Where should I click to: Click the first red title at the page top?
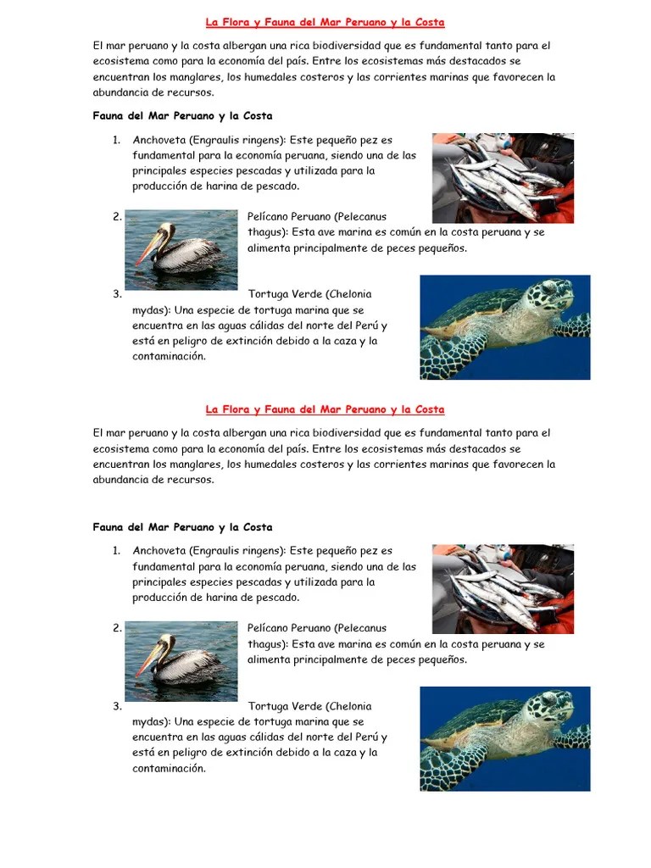tap(325, 23)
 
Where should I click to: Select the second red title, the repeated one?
tap(325, 409)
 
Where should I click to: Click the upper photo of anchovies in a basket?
tap(503, 178)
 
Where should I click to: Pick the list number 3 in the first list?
tap(117, 294)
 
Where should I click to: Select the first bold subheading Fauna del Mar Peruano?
tap(183, 115)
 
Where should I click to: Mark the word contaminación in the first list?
tap(169, 357)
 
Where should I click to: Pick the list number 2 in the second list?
tap(117, 628)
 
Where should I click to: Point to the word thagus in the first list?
tap(266, 232)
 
